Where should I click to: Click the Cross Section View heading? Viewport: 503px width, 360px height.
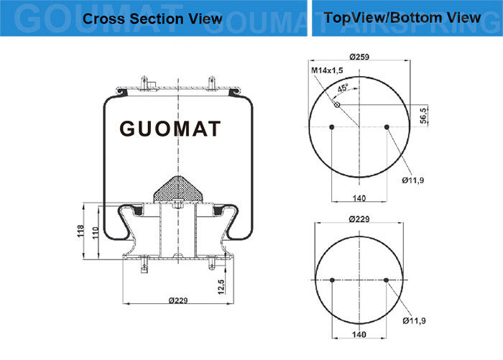pyautogui.click(x=152, y=19)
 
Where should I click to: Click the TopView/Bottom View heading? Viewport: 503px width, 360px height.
pyautogui.click(x=402, y=18)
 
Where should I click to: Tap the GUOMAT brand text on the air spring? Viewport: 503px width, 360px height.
pyautogui.click(x=170, y=129)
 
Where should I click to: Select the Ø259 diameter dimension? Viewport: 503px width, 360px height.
pyautogui.click(x=359, y=57)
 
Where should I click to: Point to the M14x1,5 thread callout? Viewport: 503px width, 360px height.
pyautogui.click(x=327, y=70)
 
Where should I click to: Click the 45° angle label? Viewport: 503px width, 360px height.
pyautogui.click(x=343, y=88)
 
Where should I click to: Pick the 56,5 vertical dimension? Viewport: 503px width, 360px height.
pyautogui.click(x=424, y=116)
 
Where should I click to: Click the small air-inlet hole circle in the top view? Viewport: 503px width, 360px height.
pyautogui.click(x=337, y=105)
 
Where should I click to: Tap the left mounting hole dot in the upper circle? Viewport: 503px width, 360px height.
pyautogui.click(x=332, y=127)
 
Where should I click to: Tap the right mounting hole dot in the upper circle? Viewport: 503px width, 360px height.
pyautogui.click(x=387, y=127)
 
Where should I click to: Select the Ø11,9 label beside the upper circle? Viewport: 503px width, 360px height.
pyautogui.click(x=413, y=180)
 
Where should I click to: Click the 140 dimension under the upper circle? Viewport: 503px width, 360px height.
pyautogui.click(x=359, y=198)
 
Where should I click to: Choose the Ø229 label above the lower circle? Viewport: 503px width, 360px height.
pyautogui.click(x=359, y=219)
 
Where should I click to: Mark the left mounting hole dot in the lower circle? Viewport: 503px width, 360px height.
pyautogui.click(x=332, y=280)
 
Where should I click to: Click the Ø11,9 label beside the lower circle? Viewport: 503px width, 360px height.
pyautogui.click(x=414, y=320)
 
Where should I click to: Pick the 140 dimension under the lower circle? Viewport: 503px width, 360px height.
pyautogui.click(x=359, y=334)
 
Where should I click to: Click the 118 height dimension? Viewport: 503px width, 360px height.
pyautogui.click(x=80, y=231)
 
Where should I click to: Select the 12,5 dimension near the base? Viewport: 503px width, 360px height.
pyautogui.click(x=221, y=287)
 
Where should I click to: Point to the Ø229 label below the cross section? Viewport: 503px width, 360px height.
pyautogui.click(x=178, y=300)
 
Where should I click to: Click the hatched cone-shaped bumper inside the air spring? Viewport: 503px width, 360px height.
pyautogui.click(x=178, y=189)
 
